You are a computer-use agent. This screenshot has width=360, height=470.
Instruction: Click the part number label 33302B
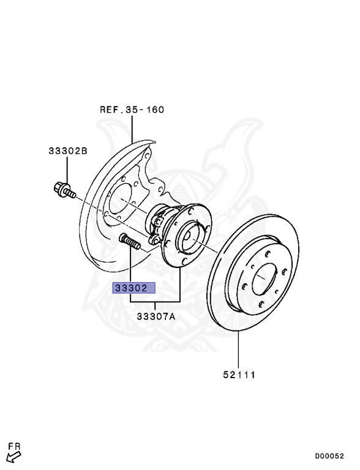coord(68,151)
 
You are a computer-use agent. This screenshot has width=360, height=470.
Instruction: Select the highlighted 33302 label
coord(134,288)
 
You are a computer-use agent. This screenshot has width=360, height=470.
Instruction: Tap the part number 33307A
coord(156,316)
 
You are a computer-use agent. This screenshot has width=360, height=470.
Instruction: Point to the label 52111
coord(239,375)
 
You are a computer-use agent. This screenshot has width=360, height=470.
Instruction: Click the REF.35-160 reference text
coord(132,110)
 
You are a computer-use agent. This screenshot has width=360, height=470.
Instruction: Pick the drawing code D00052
coord(329,456)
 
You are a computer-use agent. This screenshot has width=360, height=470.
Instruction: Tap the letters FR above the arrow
coord(15,446)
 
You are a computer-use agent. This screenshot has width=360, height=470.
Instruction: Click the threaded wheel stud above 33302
coord(130,242)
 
